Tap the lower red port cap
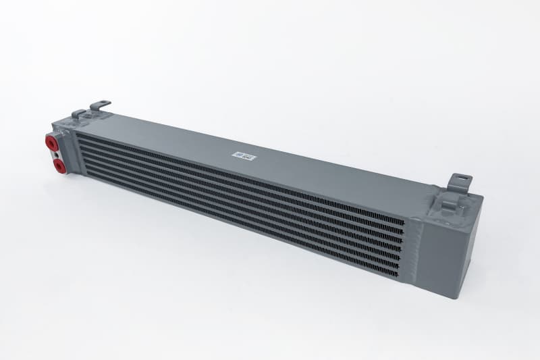[59, 163]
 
